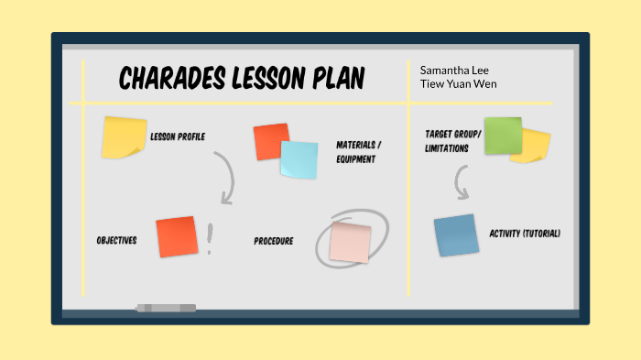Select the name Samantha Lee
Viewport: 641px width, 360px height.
point(448,70)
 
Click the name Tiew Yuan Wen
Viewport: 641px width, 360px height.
point(459,84)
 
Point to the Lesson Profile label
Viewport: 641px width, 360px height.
point(178,137)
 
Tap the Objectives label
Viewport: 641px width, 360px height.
point(116,241)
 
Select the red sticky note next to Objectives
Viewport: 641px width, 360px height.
point(177,236)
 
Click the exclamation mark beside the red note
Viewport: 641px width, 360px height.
point(210,239)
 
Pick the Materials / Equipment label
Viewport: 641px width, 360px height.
point(359,152)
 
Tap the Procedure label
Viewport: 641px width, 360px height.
point(274,242)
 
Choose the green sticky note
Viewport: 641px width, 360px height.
point(503,135)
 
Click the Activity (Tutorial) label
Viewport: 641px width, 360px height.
point(525,234)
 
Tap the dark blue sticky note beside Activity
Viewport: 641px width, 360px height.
point(456,235)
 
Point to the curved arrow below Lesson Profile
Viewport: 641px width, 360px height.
point(224,178)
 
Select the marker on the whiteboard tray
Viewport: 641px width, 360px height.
point(166,308)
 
